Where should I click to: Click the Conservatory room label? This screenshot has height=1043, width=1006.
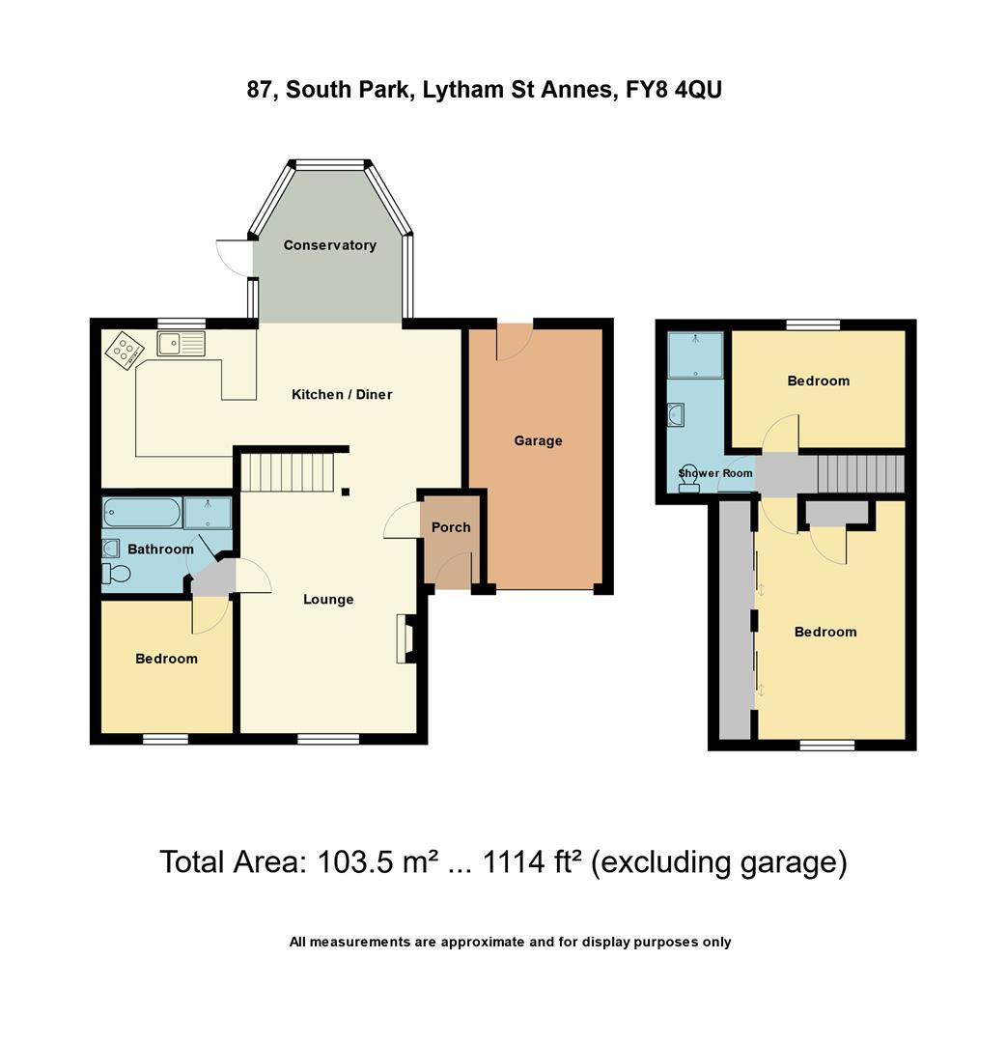tap(329, 245)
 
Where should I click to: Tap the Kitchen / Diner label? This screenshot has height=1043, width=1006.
tap(342, 394)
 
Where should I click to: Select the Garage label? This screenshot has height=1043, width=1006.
tap(538, 440)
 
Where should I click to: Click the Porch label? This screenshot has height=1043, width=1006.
tap(451, 527)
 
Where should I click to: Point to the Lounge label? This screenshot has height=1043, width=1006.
tap(328, 599)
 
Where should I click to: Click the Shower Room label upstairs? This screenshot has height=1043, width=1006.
tap(714, 473)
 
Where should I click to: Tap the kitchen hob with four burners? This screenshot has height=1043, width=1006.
tap(124, 350)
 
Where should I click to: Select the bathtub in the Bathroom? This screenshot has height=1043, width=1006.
tap(142, 513)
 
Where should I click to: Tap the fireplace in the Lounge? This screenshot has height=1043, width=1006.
tap(404, 639)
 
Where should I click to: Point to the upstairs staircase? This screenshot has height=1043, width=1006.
tap(860, 474)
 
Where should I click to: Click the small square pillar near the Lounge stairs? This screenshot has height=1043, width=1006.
tap(346, 492)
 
